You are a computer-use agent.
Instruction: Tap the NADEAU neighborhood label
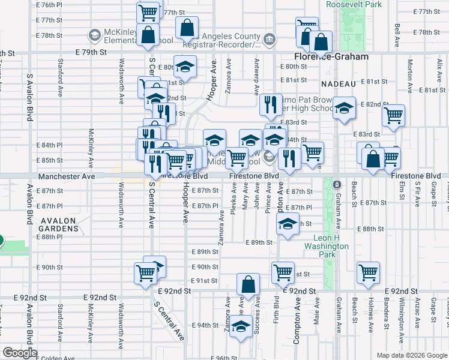tap(339, 83)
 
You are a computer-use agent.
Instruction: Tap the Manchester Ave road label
tap(67, 178)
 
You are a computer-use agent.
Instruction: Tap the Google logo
tap(19, 353)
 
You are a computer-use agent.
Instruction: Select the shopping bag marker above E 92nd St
tap(248, 286)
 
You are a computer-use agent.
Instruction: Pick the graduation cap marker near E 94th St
tap(241, 327)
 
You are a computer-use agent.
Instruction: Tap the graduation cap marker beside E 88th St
tap(288, 224)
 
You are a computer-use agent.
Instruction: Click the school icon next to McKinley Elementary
tap(94, 36)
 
